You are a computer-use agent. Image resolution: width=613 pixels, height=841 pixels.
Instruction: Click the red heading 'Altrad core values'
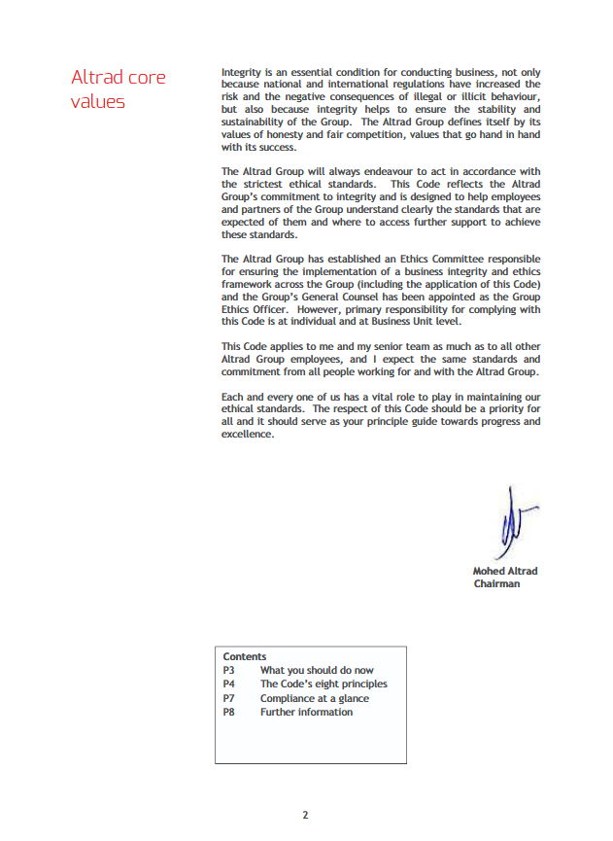[x=118, y=88]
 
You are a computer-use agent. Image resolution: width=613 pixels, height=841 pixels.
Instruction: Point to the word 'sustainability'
[x=255, y=123]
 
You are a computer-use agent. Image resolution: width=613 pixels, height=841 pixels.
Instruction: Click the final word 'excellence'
[x=248, y=436]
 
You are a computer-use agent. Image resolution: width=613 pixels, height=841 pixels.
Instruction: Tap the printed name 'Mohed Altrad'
[x=504, y=571]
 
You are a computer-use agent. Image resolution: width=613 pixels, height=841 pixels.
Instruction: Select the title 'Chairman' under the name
[x=496, y=583]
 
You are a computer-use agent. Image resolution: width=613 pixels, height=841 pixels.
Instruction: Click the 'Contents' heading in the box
[x=244, y=656]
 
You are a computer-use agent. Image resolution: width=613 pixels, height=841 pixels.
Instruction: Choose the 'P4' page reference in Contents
[x=229, y=683]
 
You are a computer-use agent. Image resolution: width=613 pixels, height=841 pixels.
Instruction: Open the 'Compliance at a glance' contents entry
[x=314, y=698]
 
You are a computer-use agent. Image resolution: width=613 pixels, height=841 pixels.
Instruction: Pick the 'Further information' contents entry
[x=306, y=712]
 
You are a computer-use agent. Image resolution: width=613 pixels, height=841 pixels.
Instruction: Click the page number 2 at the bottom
[x=305, y=815]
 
